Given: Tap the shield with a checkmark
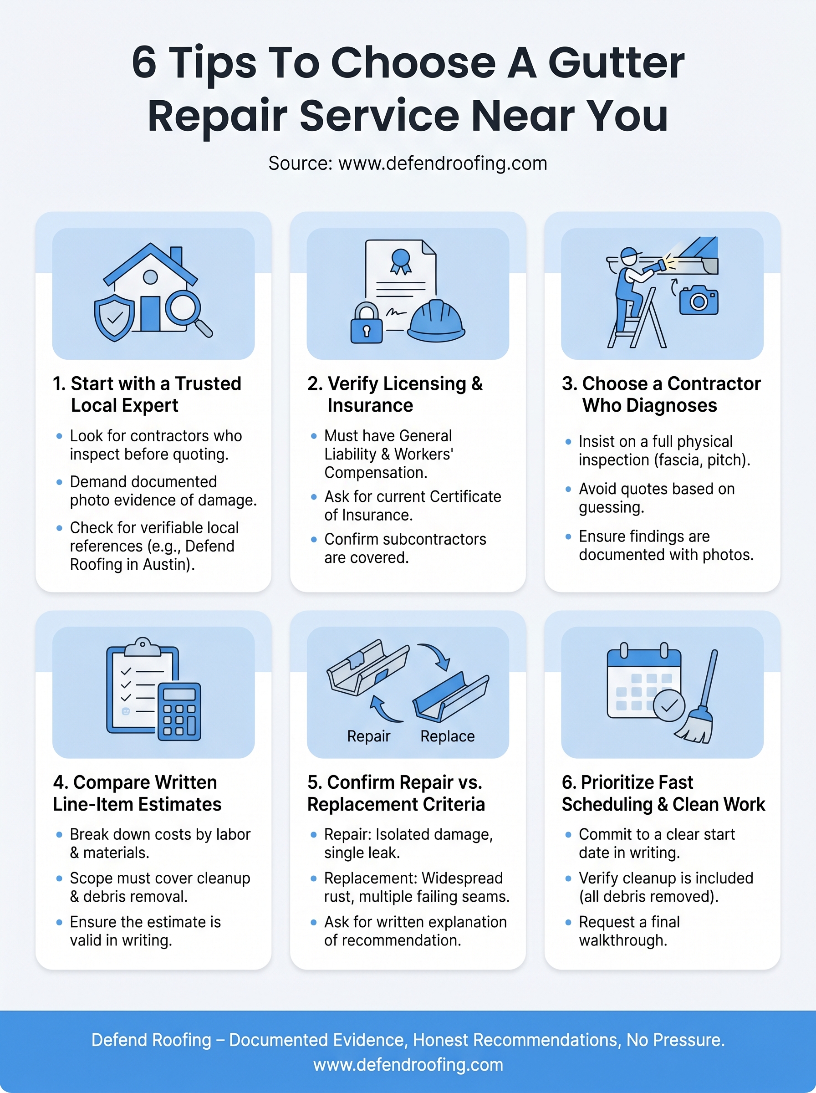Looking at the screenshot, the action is [x=114, y=317].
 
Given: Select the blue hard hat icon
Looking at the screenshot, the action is [x=436, y=321].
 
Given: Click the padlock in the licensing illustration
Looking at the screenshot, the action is [x=366, y=323].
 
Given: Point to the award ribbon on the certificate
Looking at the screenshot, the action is [x=401, y=261].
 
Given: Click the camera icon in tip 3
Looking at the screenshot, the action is [x=699, y=300].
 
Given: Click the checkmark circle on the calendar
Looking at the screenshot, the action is [x=669, y=706].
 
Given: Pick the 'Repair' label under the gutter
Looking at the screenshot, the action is [x=368, y=736].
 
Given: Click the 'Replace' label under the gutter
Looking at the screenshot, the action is [x=448, y=736].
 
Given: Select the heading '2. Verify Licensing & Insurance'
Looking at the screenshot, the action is [x=395, y=394].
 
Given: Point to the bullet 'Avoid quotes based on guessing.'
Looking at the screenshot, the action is [x=657, y=498].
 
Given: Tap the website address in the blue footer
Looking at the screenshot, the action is [x=408, y=1065].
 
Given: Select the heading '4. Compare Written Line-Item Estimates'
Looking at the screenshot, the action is [x=138, y=793].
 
